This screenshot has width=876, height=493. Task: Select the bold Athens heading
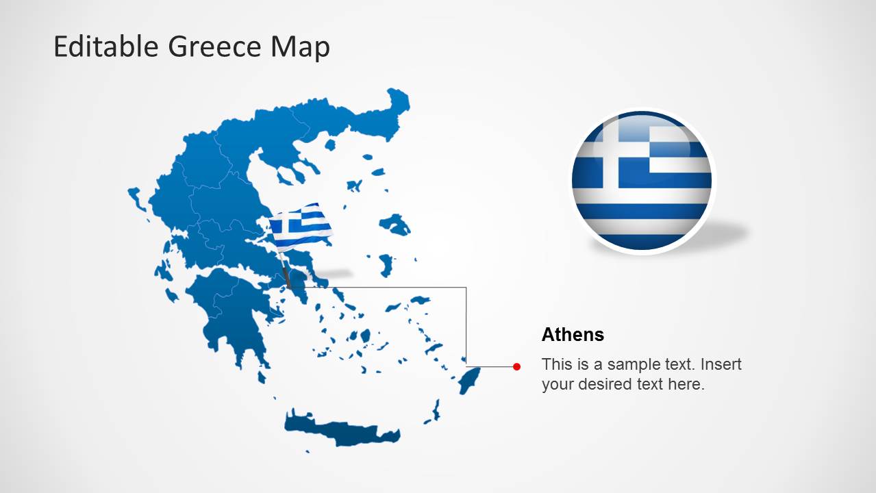pyautogui.click(x=573, y=335)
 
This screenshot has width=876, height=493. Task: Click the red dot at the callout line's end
pyautogui.click(x=516, y=367)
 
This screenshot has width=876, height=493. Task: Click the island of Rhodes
pyautogui.click(x=470, y=379)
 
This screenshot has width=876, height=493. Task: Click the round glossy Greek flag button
pyautogui.click(x=642, y=181)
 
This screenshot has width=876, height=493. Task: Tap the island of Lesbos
pyautogui.click(x=395, y=224)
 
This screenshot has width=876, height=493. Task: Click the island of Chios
pyautogui.click(x=386, y=264)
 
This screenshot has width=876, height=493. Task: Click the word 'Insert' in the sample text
pyautogui.click(x=721, y=364)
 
